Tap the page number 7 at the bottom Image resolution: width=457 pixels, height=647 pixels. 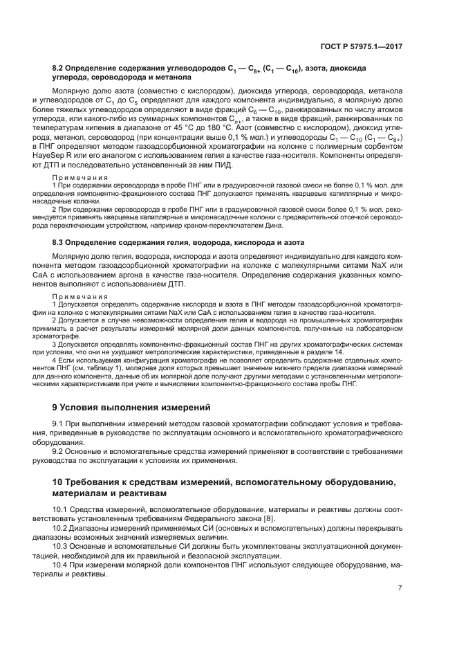click(x=400, y=587)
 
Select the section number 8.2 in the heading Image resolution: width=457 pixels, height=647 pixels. click(x=59, y=70)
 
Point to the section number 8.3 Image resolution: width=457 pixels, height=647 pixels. click(x=59, y=243)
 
